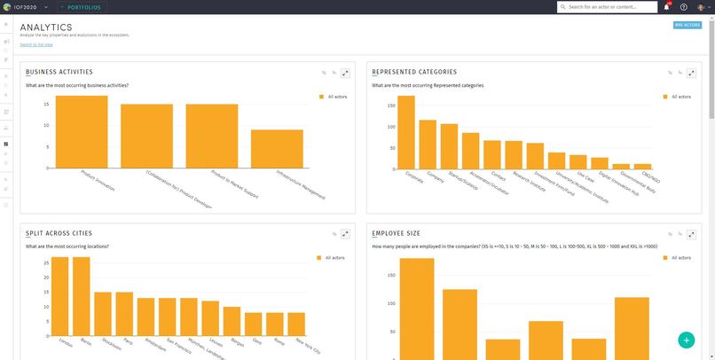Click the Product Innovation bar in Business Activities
point(81,131)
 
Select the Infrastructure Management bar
point(277,148)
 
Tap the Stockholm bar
point(103,311)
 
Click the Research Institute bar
point(535,155)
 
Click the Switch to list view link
point(36,44)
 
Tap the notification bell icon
point(667,7)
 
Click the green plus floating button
point(686,340)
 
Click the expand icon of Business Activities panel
point(346,73)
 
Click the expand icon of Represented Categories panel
point(692,73)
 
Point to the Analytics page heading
point(46,27)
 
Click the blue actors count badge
point(687,26)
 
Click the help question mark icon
point(684,7)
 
